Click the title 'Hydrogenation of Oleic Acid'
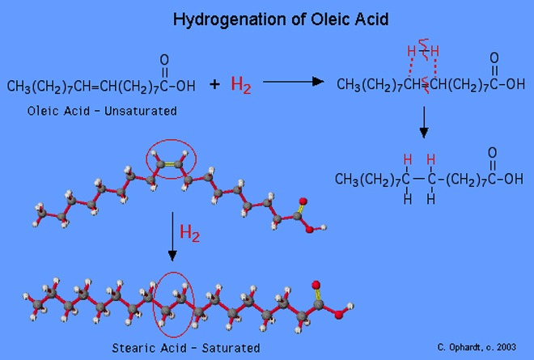266,18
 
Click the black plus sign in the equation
214,83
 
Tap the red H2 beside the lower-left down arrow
189,235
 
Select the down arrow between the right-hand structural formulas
422,123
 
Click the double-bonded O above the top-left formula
164,60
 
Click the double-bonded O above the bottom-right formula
494,154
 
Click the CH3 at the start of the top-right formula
349,84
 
